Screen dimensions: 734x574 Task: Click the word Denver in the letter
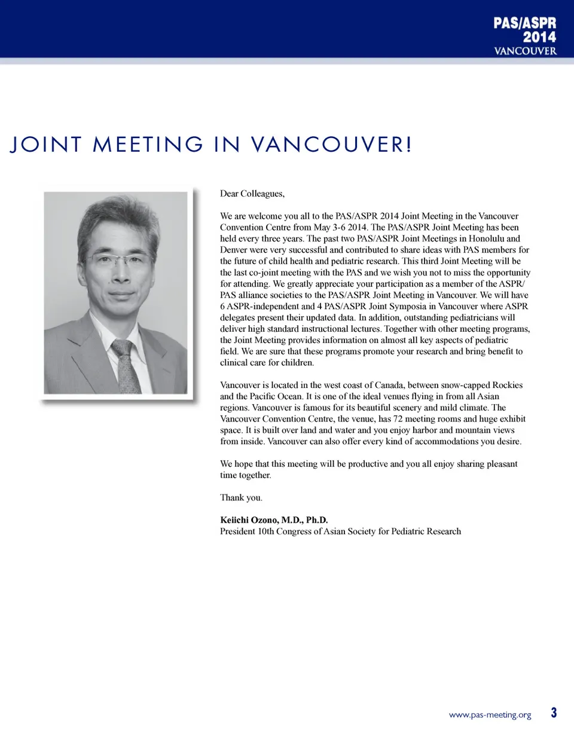pyautogui.click(x=234, y=250)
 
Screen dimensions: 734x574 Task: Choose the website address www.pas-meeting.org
pyautogui.click(x=490, y=715)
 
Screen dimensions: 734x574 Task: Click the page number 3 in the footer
pyautogui.click(x=554, y=713)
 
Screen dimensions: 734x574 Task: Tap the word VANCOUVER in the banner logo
pyautogui.click(x=525, y=51)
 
